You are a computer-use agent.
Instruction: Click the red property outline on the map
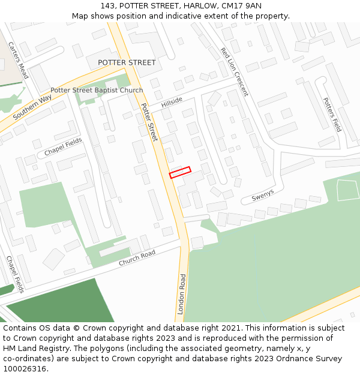(x=180, y=172)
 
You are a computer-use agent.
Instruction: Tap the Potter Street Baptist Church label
(x=97, y=91)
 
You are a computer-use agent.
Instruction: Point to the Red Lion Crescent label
(x=234, y=72)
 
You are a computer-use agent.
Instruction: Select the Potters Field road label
(x=332, y=115)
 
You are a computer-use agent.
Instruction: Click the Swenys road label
(x=262, y=196)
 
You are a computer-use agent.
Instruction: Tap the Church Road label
(x=137, y=258)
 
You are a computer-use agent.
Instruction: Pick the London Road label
(x=182, y=295)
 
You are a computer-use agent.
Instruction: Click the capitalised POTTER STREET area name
(x=127, y=62)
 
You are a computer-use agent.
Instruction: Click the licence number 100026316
(x=25, y=368)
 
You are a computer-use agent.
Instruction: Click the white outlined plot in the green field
(x=347, y=190)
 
